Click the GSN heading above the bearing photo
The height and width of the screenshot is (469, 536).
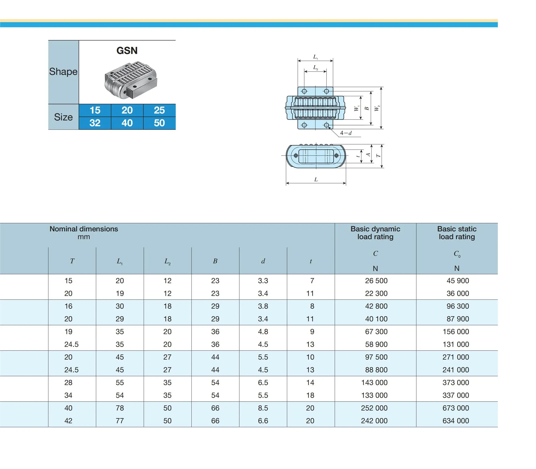point(127,51)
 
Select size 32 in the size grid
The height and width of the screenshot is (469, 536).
point(95,123)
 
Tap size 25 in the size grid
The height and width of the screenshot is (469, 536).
point(159,110)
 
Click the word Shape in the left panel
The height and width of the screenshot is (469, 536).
point(63,72)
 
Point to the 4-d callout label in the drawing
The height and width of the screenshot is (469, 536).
point(346,133)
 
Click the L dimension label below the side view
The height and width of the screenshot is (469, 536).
point(316,180)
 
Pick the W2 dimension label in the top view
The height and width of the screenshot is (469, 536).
point(377,108)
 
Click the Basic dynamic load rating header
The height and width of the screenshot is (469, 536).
point(375,233)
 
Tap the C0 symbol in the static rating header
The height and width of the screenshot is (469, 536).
point(457,254)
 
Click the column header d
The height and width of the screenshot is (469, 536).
point(263,261)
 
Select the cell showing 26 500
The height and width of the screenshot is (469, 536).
point(376,281)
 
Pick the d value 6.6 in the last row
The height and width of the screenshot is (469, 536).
point(263,421)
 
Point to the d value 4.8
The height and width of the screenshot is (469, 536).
point(263,332)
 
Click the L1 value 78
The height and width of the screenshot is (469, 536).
point(120,408)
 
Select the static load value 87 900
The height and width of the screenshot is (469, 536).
point(458,319)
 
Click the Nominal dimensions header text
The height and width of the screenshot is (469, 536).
point(84,229)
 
